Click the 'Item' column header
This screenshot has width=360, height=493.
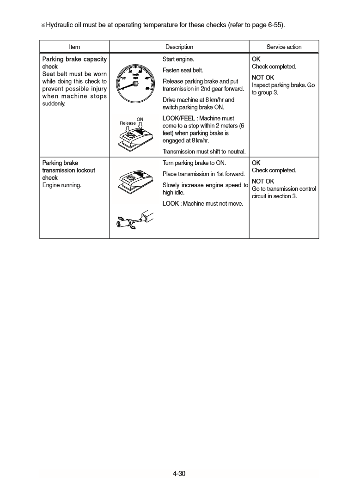[x=74, y=47]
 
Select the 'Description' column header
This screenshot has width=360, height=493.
[x=179, y=47]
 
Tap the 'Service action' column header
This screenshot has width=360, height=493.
[x=284, y=47]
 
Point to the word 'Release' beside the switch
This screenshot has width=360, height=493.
[x=128, y=123]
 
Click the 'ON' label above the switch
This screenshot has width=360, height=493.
[x=140, y=119]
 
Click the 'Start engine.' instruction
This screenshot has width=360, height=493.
[x=178, y=59]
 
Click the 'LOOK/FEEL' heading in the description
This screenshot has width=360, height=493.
[x=178, y=118]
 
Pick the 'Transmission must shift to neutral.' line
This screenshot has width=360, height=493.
[x=204, y=152]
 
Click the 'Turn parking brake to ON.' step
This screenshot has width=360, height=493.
[x=194, y=163]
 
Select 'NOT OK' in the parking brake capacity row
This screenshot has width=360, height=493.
[x=262, y=77]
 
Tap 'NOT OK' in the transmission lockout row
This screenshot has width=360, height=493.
[x=262, y=181]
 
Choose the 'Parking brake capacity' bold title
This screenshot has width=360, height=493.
[x=74, y=59]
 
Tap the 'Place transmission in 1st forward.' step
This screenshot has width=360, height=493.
[x=203, y=174]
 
